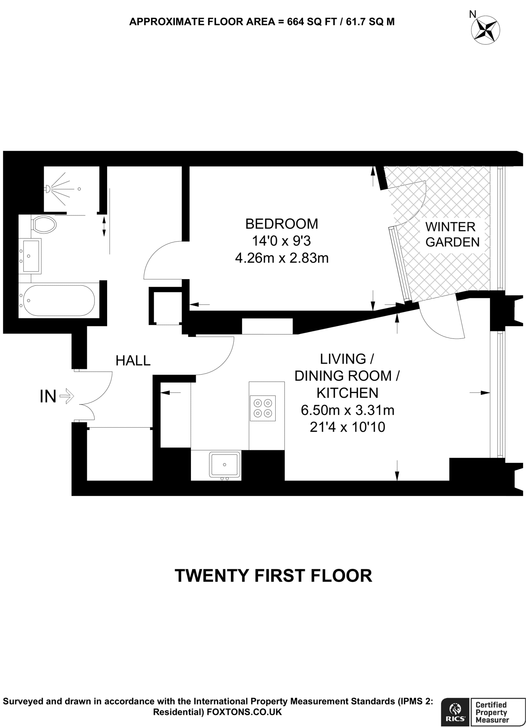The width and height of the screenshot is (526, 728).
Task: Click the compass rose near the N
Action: [x=485, y=30]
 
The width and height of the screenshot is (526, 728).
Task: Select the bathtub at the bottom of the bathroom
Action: [x=57, y=301]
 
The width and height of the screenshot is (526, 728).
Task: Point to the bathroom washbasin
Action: [x=30, y=256]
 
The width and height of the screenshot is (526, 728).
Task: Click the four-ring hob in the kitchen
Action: [x=262, y=408]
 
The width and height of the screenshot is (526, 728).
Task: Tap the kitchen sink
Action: [x=224, y=465]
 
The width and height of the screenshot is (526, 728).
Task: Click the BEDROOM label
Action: [x=282, y=224]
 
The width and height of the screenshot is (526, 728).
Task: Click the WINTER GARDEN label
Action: [x=452, y=234]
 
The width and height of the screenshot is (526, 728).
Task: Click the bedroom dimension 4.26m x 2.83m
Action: [x=282, y=258]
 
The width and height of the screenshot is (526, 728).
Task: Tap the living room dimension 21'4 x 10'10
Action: [x=347, y=427]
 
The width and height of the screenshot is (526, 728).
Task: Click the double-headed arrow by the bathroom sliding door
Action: [x=104, y=226]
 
